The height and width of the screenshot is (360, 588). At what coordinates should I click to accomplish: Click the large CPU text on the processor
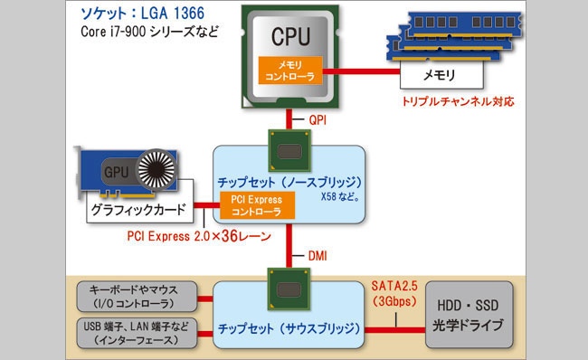291,38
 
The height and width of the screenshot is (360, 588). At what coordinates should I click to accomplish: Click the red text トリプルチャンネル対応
459,102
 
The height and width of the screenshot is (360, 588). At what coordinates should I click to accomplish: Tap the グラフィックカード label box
138,212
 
